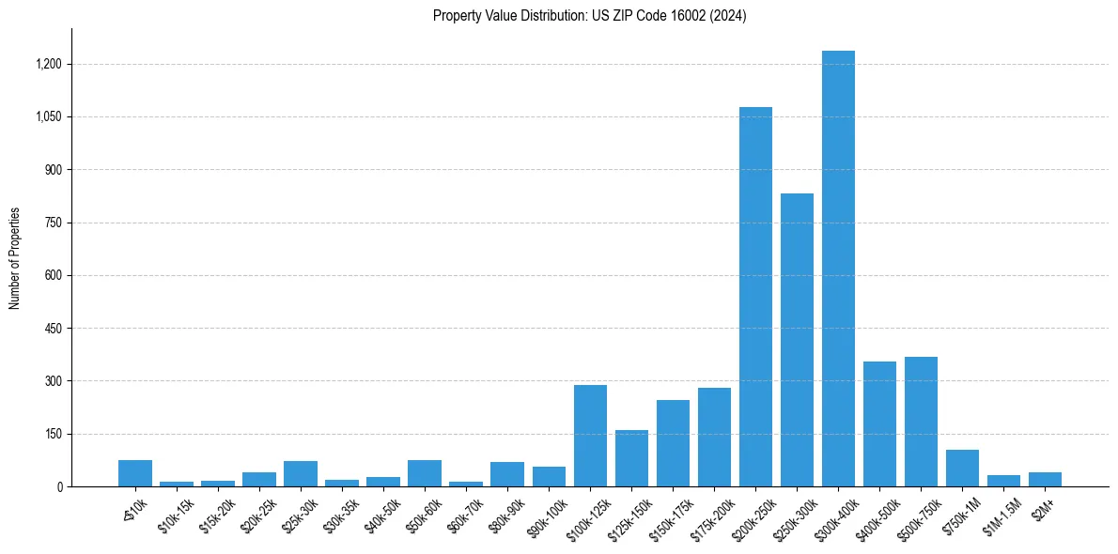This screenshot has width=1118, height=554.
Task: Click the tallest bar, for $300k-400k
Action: (x=838, y=272)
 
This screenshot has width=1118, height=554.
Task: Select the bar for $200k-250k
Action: (x=755, y=300)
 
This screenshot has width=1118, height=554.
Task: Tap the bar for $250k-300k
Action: (x=797, y=343)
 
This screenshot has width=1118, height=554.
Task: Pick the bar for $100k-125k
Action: (x=590, y=437)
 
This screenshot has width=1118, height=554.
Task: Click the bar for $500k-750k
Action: (x=921, y=423)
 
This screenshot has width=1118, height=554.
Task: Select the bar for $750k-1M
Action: (x=962, y=469)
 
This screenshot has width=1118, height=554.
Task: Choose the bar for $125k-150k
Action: (x=631, y=459)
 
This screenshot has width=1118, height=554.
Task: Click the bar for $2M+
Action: (x=1045, y=480)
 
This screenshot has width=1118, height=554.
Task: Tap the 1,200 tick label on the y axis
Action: (x=49, y=64)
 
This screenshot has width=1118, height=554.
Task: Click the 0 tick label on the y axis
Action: (x=59, y=486)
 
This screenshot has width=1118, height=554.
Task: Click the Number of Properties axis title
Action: (x=14, y=258)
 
